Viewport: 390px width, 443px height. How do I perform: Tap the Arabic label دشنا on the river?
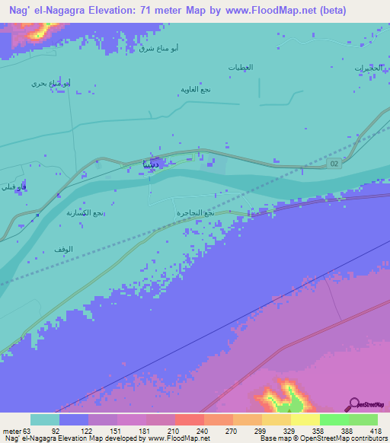click(152, 164)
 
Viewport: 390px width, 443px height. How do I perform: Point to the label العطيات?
click(241, 68)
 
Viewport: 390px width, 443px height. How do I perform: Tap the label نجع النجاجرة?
click(195, 214)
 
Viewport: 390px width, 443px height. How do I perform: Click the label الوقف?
click(64, 250)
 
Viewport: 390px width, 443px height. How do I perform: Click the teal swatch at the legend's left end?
click(45, 419)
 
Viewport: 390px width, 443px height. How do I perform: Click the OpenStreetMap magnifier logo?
click(353, 404)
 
